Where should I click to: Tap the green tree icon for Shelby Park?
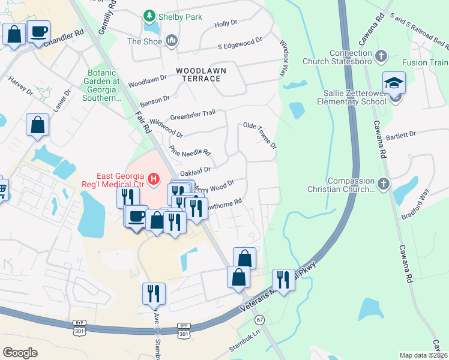(x=148, y=16)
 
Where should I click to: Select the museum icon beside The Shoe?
(x=172, y=41)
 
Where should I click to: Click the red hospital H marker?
(x=154, y=179)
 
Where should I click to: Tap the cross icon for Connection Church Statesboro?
(x=379, y=57)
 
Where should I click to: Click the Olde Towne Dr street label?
(x=259, y=135)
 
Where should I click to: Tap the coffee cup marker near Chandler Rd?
(x=38, y=31)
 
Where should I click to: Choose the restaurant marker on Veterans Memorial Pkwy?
(x=284, y=279)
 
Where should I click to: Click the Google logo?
(x=20, y=353)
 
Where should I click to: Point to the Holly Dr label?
(x=226, y=23)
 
